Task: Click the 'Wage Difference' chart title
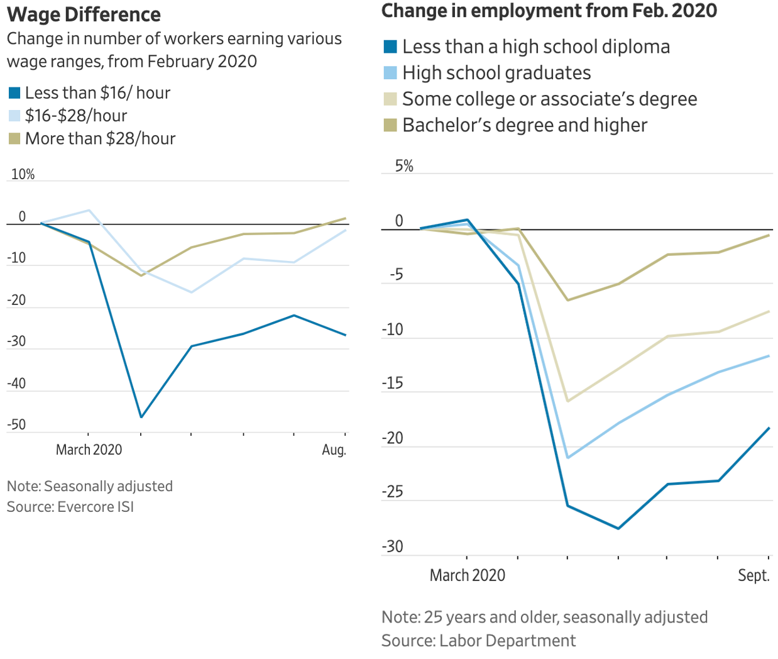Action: pos(84,14)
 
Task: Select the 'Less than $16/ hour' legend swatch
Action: pos(14,94)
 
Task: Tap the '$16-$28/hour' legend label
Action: pos(76,116)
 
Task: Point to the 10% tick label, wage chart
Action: pos(23,175)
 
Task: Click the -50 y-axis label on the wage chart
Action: pos(16,424)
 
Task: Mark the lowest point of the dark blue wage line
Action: pos(141,417)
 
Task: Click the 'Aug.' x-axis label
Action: pos(334,450)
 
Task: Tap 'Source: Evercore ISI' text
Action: pos(70,507)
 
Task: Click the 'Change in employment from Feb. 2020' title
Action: pos(549,11)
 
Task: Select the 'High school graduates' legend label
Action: pos(496,73)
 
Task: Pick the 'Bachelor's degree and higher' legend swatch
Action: pos(390,125)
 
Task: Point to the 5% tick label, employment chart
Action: pos(404,166)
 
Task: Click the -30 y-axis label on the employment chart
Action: pos(392,546)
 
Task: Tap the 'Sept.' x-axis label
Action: pos(753,575)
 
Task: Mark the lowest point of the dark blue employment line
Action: pos(618,528)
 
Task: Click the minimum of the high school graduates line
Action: pos(567,458)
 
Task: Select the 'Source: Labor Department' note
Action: pos(478,641)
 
